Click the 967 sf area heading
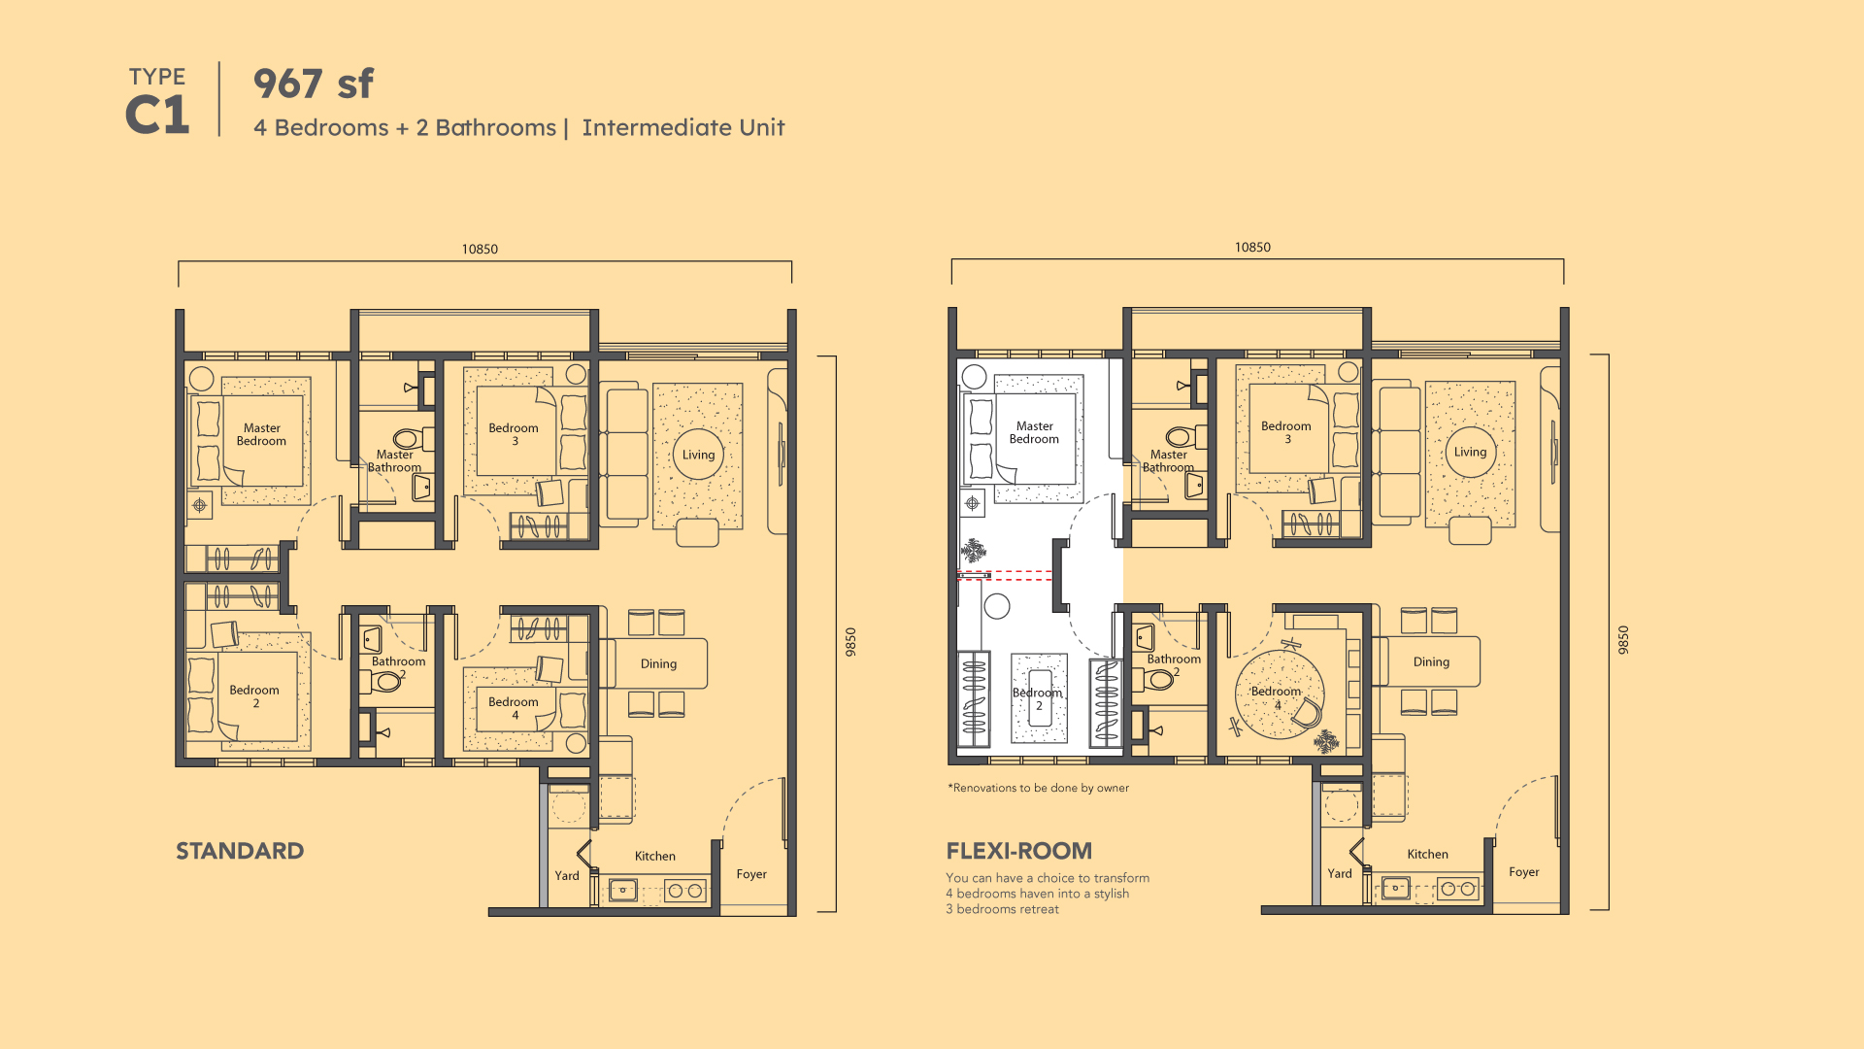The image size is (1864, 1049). (314, 84)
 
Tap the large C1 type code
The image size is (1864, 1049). (157, 116)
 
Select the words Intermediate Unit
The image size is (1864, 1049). (683, 127)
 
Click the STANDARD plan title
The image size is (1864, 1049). (240, 851)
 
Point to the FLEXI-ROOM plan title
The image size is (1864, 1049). (1019, 851)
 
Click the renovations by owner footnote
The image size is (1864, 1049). (1039, 788)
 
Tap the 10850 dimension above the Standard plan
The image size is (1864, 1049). (480, 250)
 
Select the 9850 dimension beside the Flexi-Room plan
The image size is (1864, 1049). (1623, 639)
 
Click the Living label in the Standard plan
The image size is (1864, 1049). (698, 455)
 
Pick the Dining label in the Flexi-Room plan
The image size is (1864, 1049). (1431, 661)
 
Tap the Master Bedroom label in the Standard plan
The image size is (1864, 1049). (262, 434)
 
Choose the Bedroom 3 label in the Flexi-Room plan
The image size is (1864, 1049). (1286, 432)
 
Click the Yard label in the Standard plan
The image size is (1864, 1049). (567, 875)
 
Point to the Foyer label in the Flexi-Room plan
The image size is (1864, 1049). (1524, 872)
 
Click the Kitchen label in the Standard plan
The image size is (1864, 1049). (655, 856)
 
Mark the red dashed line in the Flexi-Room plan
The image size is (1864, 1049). (1005, 575)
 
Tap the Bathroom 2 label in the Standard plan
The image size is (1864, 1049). (398, 667)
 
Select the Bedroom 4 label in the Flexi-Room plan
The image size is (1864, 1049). (1276, 697)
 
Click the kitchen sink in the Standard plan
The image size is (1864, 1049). (622, 890)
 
